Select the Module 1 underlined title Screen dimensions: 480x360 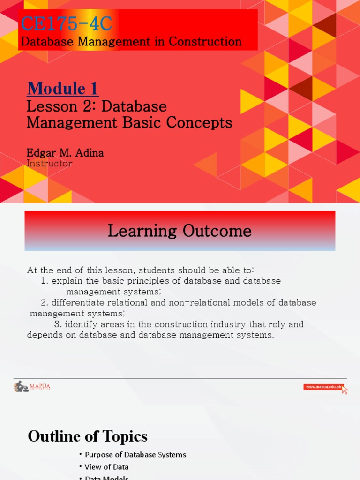62,88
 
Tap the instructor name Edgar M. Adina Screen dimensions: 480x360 65,153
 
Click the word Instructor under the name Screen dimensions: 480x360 50,164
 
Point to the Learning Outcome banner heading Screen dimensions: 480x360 180,231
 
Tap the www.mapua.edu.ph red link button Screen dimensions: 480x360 323,387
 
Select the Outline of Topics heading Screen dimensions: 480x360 88,436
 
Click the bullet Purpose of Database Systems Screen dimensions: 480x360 135,455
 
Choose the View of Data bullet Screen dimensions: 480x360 107,467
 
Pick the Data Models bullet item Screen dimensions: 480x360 107,478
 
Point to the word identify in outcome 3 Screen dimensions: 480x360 81,324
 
